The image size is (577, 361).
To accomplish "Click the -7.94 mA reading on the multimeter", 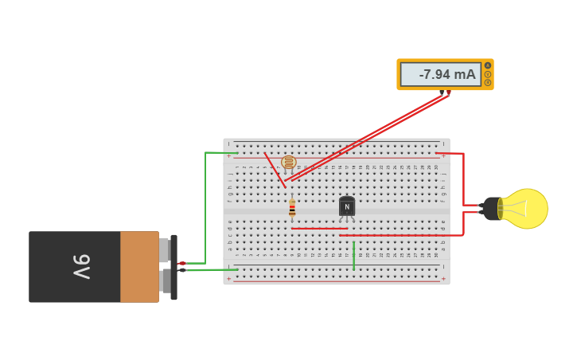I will click(x=446, y=75).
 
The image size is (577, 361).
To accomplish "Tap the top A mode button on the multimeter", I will click(x=488, y=65).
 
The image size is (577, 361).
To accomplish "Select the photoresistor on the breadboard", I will click(x=289, y=163).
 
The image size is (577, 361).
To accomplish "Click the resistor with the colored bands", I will click(x=292, y=209).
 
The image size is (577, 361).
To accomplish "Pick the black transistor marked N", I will click(x=346, y=206).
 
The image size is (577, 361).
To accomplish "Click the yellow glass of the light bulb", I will click(x=524, y=209).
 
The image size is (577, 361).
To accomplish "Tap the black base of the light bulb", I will click(x=490, y=209).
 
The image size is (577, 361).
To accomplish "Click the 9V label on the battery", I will click(x=82, y=266).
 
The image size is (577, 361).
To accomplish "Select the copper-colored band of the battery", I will click(x=139, y=267).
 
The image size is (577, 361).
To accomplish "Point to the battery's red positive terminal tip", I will click(x=182, y=263).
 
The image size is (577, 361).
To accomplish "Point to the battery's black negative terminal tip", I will click(x=182, y=270).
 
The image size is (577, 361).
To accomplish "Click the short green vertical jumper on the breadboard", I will click(x=353, y=255).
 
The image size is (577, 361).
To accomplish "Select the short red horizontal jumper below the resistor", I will click(x=318, y=229).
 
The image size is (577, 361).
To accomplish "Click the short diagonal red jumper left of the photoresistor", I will click(x=275, y=170).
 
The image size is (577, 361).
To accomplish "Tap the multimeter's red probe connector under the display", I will click(x=449, y=92).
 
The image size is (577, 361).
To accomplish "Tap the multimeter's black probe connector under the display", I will click(x=442, y=93).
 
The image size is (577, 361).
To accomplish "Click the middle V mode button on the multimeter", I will click(x=488, y=74).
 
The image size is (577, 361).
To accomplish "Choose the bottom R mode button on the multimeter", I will click(x=488, y=82).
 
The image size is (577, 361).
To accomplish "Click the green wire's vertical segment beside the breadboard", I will click(x=205, y=207).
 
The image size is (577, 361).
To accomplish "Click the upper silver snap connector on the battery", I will click(x=164, y=250).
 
